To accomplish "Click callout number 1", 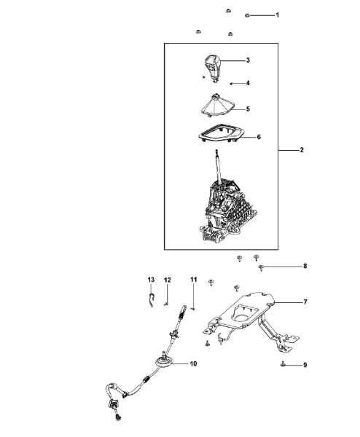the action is pos(277,15).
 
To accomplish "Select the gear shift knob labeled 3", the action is pos(212,68).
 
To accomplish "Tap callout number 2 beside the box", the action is pos(302,150).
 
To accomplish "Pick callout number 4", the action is pos(248,83).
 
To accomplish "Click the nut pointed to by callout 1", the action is pos(247,15).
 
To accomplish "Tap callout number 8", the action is pos(305,266).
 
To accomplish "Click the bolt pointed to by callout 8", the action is pos(262,268).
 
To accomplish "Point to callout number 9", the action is pos(305,365).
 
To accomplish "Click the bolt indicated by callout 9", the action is pos(283,363).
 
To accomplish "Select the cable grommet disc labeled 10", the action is pos(164,363).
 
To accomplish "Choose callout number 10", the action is pos(193,363).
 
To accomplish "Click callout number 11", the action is pos(193,279).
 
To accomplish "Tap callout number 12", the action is pos(167,280).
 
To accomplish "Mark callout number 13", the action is pos(151,280).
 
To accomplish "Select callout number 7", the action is pos(305,302).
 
